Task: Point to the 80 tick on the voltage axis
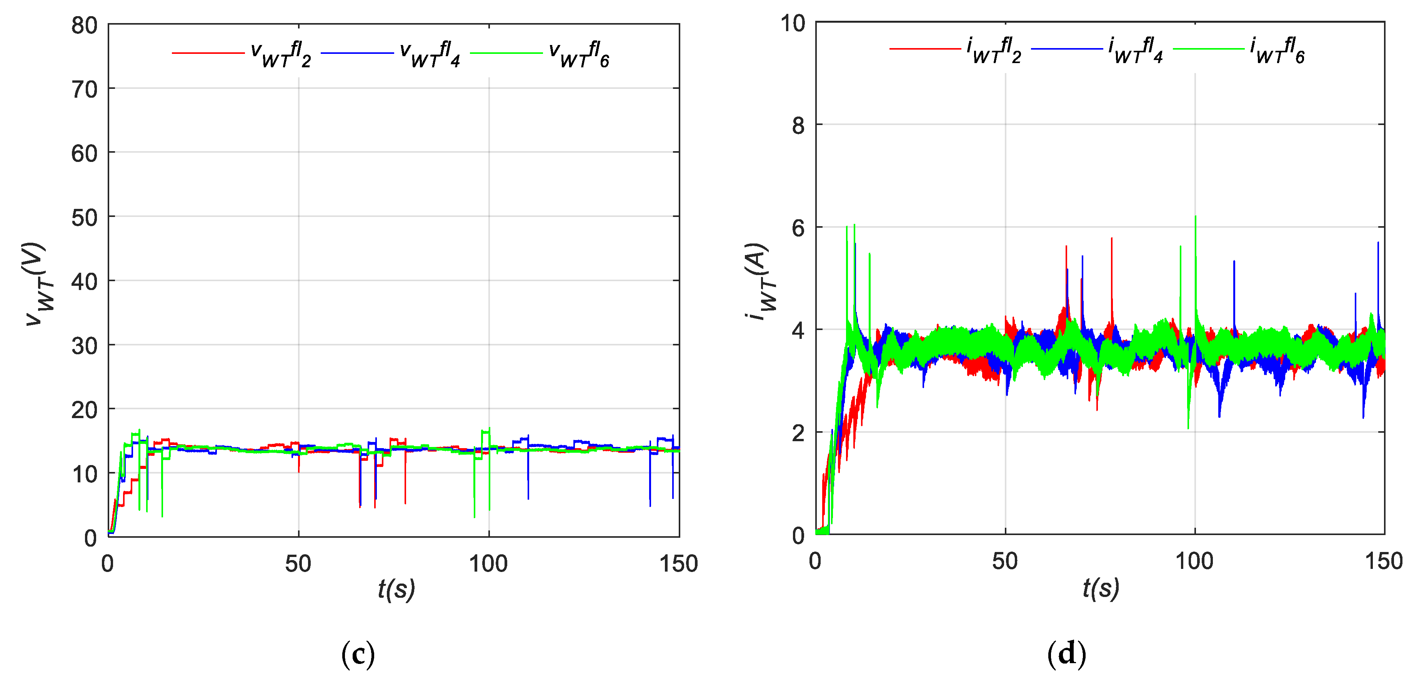pos(84,25)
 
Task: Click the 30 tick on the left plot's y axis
pos(84,346)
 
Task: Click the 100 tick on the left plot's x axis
pos(488,564)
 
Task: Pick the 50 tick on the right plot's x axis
pos(1005,561)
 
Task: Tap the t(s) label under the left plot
pos(396,589)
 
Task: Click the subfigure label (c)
pos(358,654)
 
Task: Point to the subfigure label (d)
pos(1066,654)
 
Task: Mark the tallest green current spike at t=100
pos(1195,218)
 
